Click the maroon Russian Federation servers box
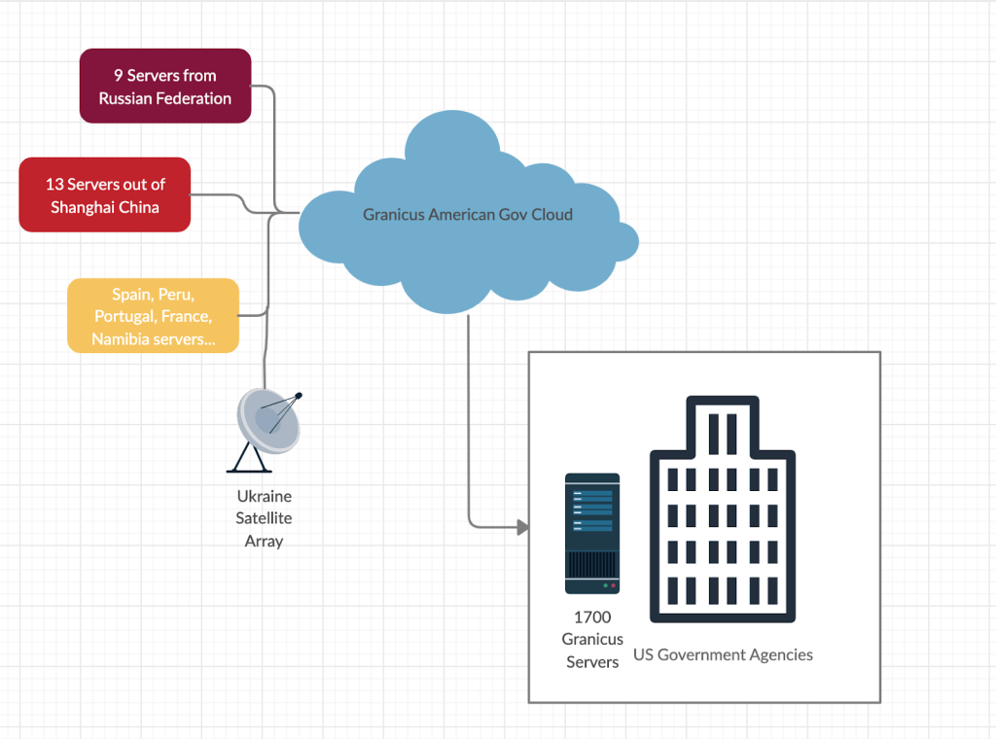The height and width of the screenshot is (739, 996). [165, 87]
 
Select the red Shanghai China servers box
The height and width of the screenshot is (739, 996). [105, 194]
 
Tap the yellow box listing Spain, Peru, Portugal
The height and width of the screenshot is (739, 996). [153, 315]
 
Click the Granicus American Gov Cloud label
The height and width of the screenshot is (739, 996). [468, 214]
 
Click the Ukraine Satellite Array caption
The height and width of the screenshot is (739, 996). [264, 518]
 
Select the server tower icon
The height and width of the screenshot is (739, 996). [592, 533]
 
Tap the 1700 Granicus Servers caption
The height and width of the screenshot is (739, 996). [592, 639]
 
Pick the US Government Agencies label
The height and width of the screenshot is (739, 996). [723, 654]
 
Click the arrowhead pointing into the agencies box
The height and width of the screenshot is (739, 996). [522, 527]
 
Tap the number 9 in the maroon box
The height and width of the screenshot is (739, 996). [118, 75]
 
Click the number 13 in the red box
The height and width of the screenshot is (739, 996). [53, 184]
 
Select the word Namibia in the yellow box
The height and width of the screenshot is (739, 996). [122, 339]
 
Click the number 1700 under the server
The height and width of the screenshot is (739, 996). [592, 616]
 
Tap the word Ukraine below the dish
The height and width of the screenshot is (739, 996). [264, 496]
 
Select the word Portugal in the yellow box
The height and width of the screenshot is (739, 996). [124, 316]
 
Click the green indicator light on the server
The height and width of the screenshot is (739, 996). [605, 585]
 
